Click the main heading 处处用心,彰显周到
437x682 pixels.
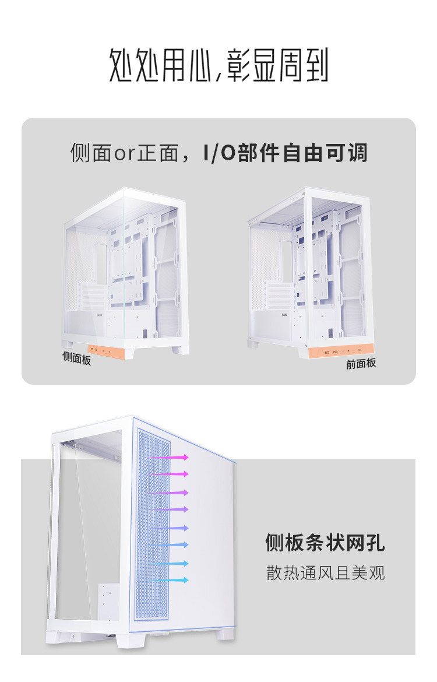click(218, 65)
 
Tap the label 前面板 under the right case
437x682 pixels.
click(361, 363)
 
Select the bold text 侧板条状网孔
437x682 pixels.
click(325, 543)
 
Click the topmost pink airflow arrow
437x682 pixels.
click(170, 458)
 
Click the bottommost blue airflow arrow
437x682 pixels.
click(170, 580)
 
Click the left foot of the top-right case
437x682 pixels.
click(252, 344)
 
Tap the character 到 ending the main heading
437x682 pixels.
click(316, 65)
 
